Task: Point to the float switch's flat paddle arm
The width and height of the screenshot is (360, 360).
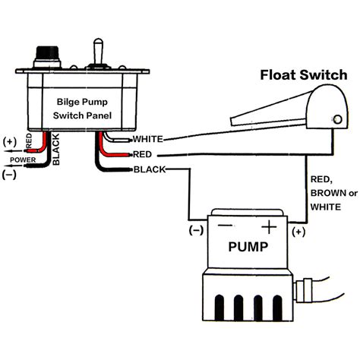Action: (x=266, y=114)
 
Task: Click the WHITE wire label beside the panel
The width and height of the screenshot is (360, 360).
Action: (x=147, y=140)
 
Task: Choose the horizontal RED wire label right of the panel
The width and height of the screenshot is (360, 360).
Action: (x=142, y=153)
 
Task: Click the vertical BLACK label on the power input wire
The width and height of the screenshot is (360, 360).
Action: (x=55, y=150)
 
